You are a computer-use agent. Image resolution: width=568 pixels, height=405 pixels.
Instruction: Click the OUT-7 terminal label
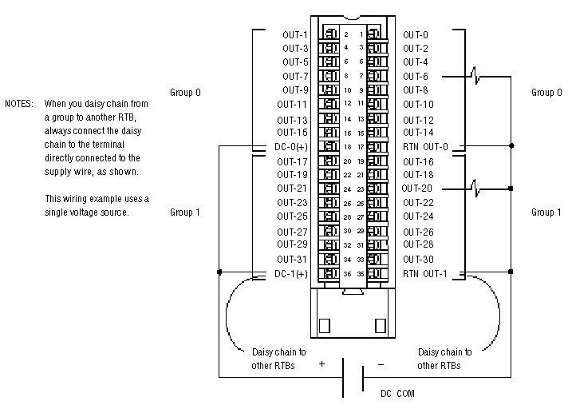(295, 76)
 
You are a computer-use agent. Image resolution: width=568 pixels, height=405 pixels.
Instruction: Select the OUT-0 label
(415, 34)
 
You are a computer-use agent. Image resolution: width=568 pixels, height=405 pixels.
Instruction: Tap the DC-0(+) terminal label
(291, 146)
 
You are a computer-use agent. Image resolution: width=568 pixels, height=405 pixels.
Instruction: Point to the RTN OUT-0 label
(425, 146)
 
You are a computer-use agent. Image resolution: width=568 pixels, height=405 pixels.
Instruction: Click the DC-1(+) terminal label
(291, 273)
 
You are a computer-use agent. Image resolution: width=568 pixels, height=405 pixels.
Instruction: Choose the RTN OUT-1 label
(425, 273)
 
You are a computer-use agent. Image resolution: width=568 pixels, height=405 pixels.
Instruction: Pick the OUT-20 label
(417, 189)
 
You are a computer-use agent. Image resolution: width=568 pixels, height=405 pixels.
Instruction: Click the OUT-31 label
(293, 259)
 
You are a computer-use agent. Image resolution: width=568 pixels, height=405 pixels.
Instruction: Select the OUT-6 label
(415, 76)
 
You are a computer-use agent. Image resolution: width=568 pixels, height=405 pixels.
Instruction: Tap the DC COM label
(396, 393)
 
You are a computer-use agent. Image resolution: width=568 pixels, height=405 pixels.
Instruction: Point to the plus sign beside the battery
(322, 363)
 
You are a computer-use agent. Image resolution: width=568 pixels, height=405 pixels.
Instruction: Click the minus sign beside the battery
(381, 363)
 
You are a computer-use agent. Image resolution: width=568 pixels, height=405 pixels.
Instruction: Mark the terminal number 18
(346, 146)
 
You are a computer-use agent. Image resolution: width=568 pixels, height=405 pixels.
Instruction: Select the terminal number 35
(361, 273)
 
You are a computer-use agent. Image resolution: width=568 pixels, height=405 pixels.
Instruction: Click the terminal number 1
(361, 34)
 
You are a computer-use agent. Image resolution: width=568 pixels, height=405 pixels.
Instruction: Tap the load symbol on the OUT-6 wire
(476, 76)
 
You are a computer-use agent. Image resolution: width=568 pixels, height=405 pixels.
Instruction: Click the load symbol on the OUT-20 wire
(476, 189)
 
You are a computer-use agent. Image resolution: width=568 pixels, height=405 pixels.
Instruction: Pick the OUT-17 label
(293, 161)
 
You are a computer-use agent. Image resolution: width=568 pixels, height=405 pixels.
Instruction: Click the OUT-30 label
(418, 259)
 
